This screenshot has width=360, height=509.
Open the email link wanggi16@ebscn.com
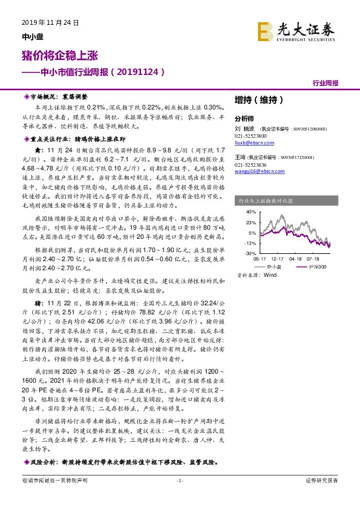(x=258, y=172)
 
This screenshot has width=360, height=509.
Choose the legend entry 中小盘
(x=274, y=267)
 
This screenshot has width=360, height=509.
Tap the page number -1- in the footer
(x=179, y=480)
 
